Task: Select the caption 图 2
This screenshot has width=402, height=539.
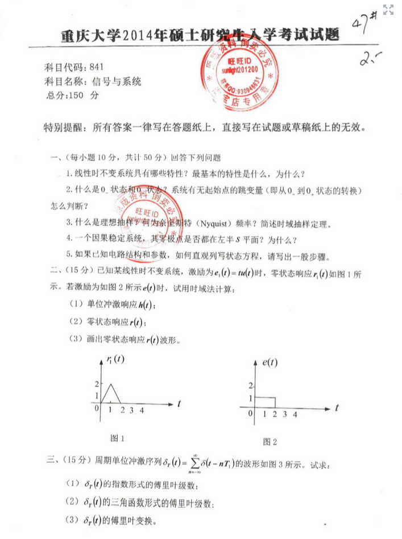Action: (x=270, y=442)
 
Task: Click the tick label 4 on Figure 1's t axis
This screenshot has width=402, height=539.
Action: (x=142, y=410)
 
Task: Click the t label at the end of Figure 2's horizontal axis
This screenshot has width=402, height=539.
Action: (x=337, y=408)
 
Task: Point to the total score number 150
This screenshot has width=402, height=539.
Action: (x=75, y=95)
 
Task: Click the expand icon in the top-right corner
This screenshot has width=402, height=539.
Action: (x=389, y=9)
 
